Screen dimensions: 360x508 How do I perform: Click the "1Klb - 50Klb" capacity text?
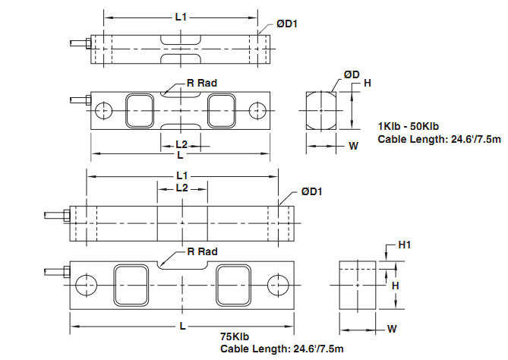point(410,126)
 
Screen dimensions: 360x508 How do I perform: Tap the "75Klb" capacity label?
point(235,336)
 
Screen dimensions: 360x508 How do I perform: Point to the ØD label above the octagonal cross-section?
point(352,74)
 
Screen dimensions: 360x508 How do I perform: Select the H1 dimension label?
point(405,245)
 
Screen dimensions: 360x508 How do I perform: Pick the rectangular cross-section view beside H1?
point(357,286)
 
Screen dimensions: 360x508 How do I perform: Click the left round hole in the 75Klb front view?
point(85,285)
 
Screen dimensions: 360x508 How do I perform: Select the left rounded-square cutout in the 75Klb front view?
point(128,285)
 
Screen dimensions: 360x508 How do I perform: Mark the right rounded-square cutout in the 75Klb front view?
point(231,285)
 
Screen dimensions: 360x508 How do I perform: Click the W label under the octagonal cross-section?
point(353,147)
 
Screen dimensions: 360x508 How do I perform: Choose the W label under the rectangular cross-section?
point(392,329)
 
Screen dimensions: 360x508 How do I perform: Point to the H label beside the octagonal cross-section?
point(368,83)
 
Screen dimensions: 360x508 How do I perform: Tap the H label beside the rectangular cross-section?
point(395,286)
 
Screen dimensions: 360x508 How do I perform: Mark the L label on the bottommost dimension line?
point(184,325)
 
